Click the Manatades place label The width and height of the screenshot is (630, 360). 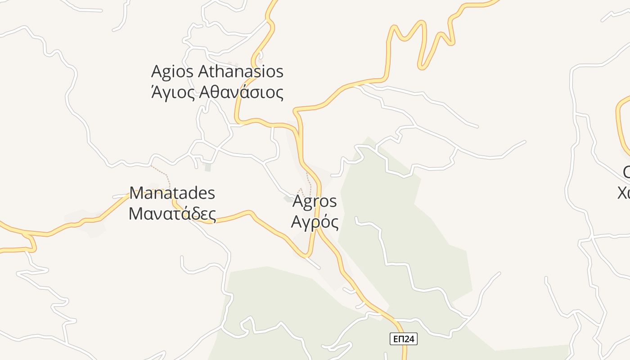[172, 193]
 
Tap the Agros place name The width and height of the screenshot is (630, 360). [315, 201]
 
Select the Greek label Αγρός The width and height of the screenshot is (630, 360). [315, 222]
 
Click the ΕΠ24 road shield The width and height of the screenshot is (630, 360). [404, 339]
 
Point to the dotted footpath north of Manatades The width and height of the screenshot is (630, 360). [162, 173]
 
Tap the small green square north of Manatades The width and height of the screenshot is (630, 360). [207, 167]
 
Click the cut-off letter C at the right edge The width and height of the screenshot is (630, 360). [626, 172]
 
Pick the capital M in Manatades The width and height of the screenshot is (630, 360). [139, 193]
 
